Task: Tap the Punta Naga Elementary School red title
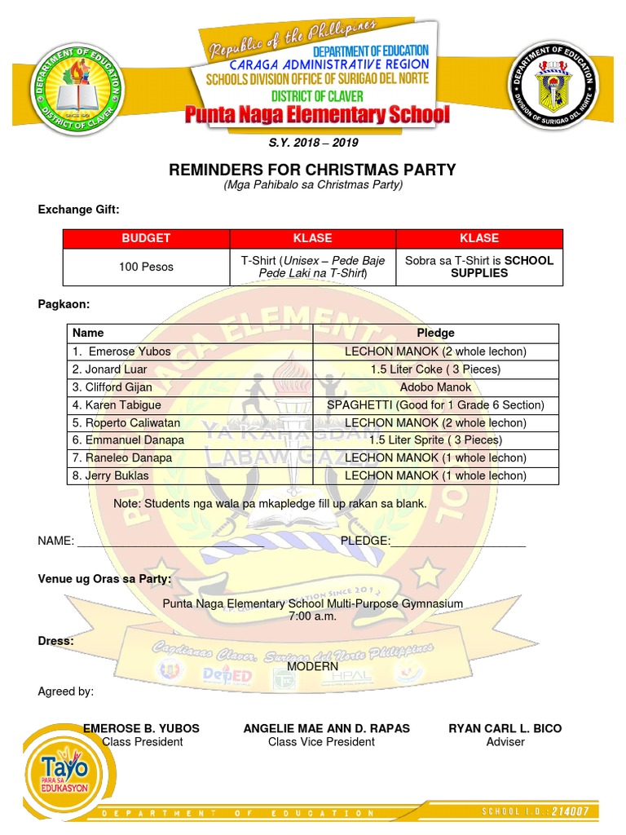click(x=316, y=114)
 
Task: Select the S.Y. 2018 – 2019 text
click(x=313, y=143)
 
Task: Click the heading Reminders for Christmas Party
click(x=312, y=170)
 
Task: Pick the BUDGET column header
click(x=146, y=238)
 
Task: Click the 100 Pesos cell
click(x=146, y=267)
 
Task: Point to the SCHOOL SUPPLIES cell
click(x=479, y=267)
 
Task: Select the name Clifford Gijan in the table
click(x=112, y=387)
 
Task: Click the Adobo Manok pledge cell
click(x=435, y=387)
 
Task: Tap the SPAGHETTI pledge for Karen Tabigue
click(x=435, y=405)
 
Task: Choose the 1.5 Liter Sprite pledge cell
click(x=435, y=440)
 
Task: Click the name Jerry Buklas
click(x=106, y=475)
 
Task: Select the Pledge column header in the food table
click(x=435, y=334)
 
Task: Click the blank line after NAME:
click(x=204, y=541)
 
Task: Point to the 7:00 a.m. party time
click(x=312, y=616)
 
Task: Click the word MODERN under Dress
click(x=313, y=666)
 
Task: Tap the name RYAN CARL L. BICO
click(x=505, y=728)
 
